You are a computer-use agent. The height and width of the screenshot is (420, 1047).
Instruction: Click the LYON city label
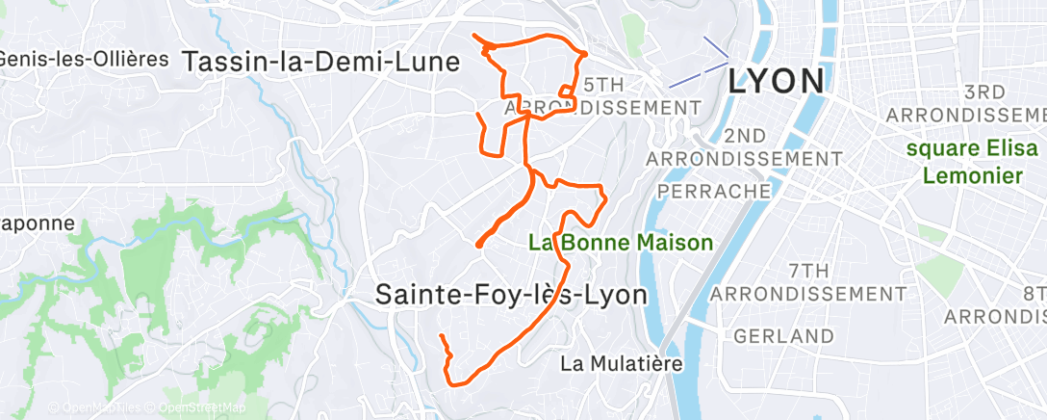tap(776, 81)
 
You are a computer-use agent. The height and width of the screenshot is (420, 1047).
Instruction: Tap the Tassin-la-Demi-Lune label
tap(320, 61)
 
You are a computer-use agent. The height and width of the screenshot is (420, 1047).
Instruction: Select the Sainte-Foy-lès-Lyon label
tap(510, 294)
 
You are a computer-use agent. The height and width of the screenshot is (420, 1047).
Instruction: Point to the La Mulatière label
tap(621, 364)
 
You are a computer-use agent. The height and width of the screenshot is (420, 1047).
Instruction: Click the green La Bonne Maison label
tap(621, 243)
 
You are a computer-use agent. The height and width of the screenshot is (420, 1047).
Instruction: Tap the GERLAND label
tap(783, 336)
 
